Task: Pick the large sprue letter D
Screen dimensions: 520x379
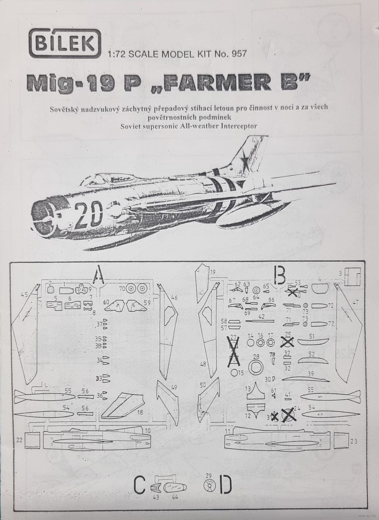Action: pos(226,484)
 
